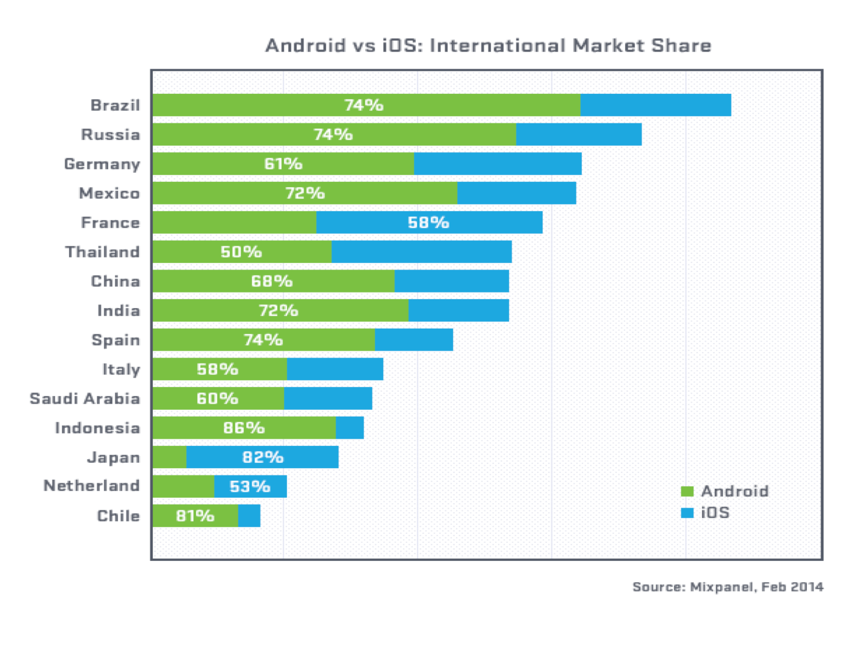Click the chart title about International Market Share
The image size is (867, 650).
click(488, 46)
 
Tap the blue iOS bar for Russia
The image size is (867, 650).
click(578, 134)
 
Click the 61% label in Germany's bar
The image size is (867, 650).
click(283, 164)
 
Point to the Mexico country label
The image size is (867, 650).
click(109, 193)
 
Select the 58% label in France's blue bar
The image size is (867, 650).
click(428, 223)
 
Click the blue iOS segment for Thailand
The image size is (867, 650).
click(421, 252)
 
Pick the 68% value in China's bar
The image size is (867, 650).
click(271, 281)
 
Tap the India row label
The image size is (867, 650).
click(119, 311)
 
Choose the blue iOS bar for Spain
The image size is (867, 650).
click(414, 340)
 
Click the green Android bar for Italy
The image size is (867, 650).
click(220, 369)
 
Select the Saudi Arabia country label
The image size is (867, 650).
click(85, 398)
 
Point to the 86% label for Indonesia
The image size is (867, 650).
click(244, 428)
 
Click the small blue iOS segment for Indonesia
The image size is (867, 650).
click(350, 428)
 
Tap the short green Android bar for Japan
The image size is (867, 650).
click(169, 457)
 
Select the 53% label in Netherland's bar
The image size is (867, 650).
click(250, 486)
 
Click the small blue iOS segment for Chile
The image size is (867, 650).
click(249, 516)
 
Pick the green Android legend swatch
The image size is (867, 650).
click(687, 491)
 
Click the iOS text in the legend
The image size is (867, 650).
click(715, 513)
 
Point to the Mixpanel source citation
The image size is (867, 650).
click(727, 587)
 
